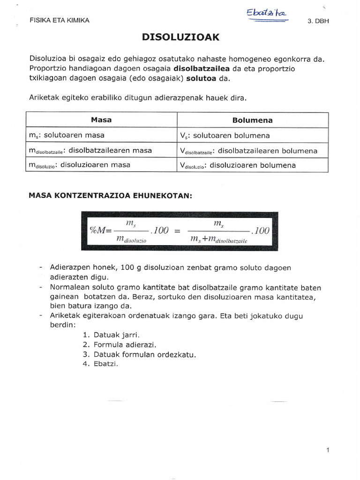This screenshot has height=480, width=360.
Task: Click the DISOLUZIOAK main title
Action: [180, 37]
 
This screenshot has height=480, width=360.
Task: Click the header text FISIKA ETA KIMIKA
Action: [59, 21]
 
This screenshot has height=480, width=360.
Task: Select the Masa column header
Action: [101, 120]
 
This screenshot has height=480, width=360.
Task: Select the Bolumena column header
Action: [252, 120]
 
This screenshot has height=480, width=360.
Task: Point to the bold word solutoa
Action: [201, 78]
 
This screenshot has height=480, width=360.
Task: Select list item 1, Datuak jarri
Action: [111, 335]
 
